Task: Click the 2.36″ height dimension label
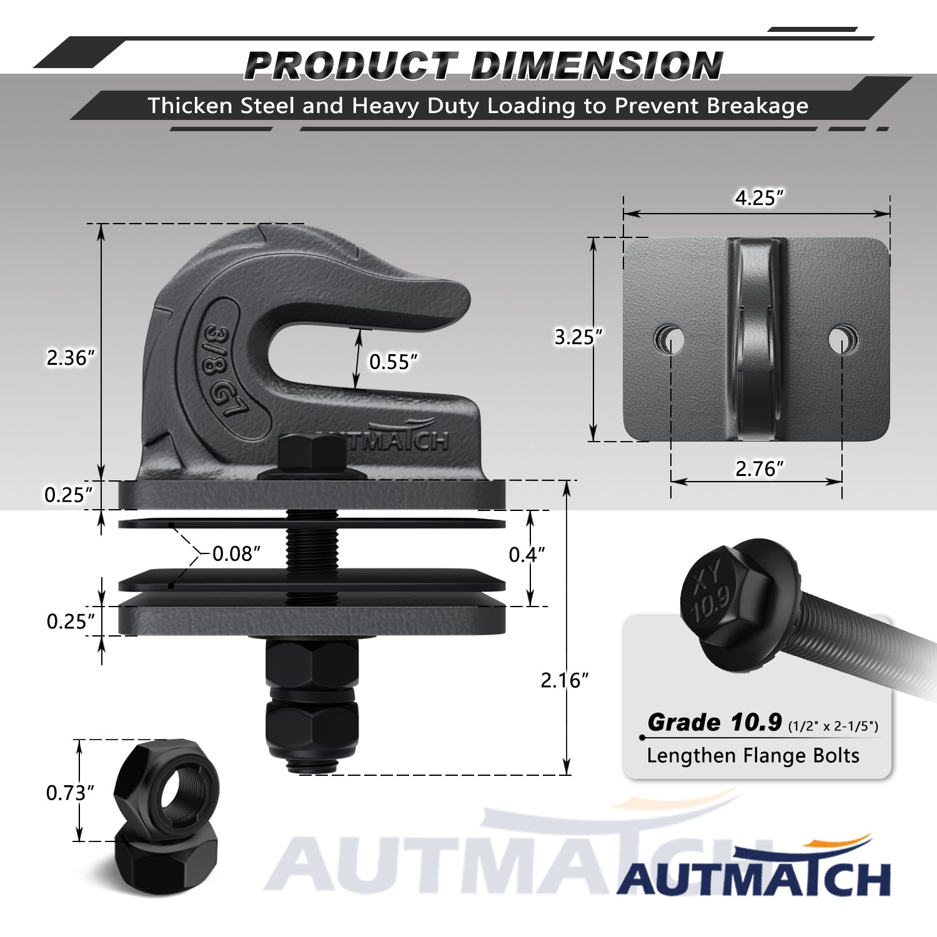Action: [x=71, y=358]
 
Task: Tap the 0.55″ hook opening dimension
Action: [x=393, y=362]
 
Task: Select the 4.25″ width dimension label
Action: [x=759, y=198]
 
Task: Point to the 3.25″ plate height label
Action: [x=578, y=337]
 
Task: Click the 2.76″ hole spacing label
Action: [x=759, y=468]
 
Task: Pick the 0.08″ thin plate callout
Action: [x=236, y=553]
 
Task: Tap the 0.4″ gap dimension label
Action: [x=527, y=554]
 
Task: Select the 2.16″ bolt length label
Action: [x=565, y=680]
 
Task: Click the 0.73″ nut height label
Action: [x=70, y=793]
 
